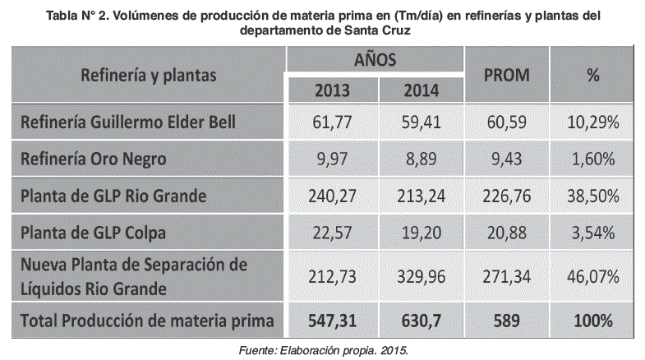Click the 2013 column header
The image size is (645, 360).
(331, 89)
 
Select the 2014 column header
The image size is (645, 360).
(422, 89)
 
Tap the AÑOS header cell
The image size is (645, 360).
(375, 59)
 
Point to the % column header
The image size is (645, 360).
(592, 74)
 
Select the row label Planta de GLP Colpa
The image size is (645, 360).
(94, 233)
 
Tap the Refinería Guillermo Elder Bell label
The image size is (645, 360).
(128, 122)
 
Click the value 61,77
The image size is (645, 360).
(331, 122)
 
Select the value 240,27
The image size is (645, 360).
(331, 196)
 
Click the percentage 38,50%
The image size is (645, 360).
(592, 196)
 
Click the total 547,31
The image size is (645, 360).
(331, 319)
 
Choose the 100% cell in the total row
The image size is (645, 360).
(592, 319)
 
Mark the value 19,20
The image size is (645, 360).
(422, 233)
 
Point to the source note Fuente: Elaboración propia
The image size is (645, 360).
(322, 348)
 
